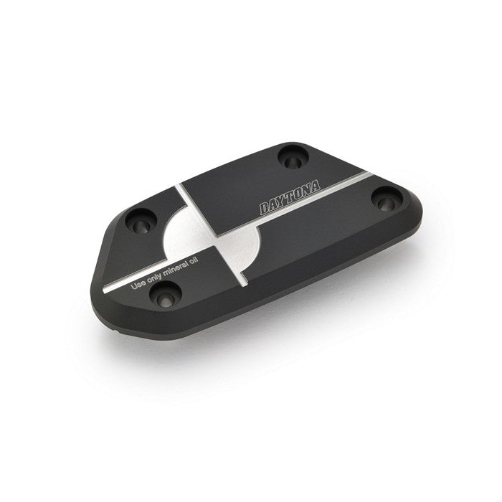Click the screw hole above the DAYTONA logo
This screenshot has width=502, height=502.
coord(293,157)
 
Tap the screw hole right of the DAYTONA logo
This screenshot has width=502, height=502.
coord(387,199)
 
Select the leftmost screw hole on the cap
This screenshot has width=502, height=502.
coord(141,221)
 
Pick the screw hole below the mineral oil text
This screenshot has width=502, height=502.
coord(166,294)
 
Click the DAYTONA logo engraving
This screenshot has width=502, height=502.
coord(290,197)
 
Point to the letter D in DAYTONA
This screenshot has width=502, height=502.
coord(265,208)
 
